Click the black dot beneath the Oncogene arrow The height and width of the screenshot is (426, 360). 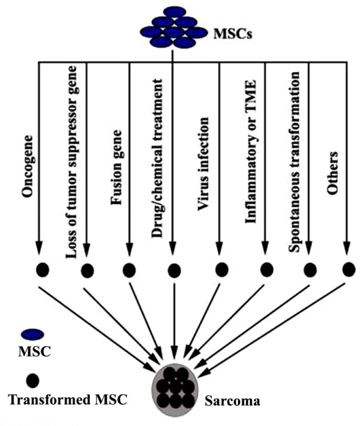point(43,270)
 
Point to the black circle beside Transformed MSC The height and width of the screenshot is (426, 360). point(33,379)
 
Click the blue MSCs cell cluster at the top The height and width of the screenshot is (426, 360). point(173,29)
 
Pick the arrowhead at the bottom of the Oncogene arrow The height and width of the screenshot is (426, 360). point(39,246)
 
